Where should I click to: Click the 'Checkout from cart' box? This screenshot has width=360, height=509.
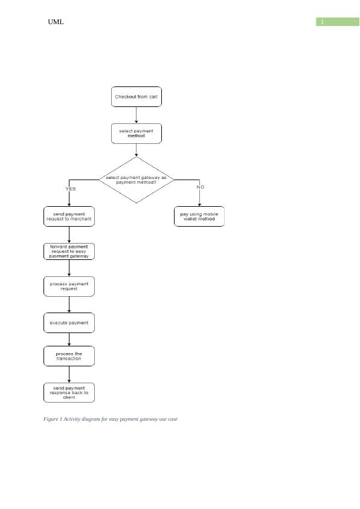click(x=137, y=97)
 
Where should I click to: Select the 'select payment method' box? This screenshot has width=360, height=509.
click(x=137, y=134)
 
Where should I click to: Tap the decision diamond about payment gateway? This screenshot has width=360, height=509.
click(x=137, y=180)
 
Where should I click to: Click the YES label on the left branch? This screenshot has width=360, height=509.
click(x=71, y=189)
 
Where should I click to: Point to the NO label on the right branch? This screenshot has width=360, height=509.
click(x=201, y=187)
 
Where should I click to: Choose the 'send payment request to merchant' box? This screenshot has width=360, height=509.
click(x=69, y=216)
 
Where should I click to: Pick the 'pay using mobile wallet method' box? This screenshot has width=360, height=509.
click(x=199, y=216)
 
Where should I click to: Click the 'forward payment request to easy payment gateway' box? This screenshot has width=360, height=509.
click(x=69, y=251)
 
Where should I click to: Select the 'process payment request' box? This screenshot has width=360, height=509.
click(x=69, y=287)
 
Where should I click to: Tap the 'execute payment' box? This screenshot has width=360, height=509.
click(x=69, y=323)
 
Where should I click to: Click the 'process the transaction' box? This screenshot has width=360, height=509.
click(x=69, y=356)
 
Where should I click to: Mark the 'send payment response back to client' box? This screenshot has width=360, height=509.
click(x=69, y=392)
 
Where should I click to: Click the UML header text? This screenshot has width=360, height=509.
click(x=56, y=22)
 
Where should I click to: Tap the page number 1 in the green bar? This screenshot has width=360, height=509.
click(x=323, y=22)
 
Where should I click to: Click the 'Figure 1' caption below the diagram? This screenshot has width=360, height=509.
click(x=111, y=419)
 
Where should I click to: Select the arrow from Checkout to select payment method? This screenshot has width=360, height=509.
click(x=137, y=115)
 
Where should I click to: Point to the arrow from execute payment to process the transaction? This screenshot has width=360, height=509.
click(x=69, y=340)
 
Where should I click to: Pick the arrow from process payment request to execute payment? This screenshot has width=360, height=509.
click(x=69, y=305)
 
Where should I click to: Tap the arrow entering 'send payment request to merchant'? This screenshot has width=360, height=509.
click(x=69, y=198)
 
